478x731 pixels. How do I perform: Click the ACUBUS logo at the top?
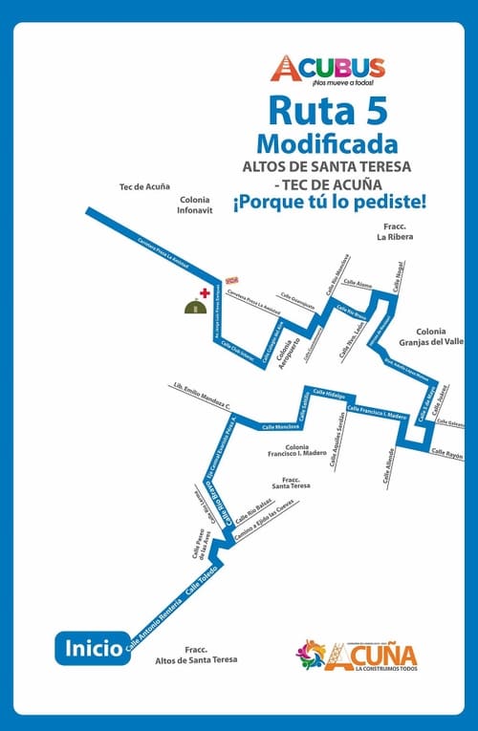click(327, 69)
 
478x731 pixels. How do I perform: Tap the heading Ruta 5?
click(328, 112)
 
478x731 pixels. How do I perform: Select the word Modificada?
click(328, 145)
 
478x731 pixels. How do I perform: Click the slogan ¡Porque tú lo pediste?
click(329, 203)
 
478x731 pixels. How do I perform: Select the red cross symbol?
click(204, 292)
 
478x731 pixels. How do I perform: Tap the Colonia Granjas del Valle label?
click(439, 335)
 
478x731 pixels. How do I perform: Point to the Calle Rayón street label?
click(446, 454)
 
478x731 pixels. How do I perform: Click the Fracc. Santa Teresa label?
click(291, 482)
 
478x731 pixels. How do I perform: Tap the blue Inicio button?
click(89, 647)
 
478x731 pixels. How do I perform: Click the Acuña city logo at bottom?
click(357, 656)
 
